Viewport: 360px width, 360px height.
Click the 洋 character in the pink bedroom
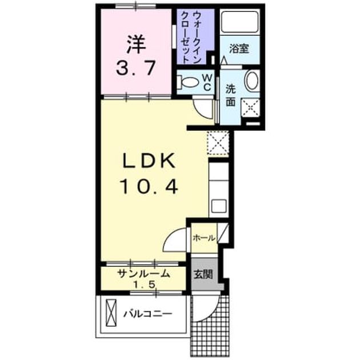[137, 45]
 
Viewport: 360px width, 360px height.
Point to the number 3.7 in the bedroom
[136, 67]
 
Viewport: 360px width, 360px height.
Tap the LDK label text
[149, 161]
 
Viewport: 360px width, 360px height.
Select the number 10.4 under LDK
[149, 186]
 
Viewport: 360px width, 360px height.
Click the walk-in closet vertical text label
[191, 37]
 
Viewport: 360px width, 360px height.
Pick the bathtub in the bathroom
[240, 22]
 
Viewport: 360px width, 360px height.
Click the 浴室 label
[239, 49]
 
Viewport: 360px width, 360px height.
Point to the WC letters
[207, 83]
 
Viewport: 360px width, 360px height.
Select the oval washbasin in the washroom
[252, 80]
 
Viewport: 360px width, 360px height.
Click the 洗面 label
[230, 95]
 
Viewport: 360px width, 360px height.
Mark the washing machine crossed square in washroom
[250, 107]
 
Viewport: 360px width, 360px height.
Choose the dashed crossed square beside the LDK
[218, 143]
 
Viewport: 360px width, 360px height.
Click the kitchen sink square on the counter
[219, 206]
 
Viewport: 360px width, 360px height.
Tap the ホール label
[204, 238]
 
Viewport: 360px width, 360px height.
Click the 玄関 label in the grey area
[203, 274]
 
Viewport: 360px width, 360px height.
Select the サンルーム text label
[144, 274]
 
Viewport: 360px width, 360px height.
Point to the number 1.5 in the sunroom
[144, 285]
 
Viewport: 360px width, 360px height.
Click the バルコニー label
[148, 314]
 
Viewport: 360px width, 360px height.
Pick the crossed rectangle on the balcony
[111, 313]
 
